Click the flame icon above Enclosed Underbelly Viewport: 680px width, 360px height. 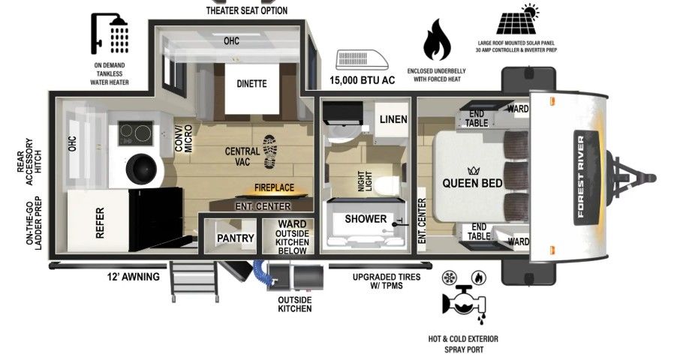[x=437, y=40]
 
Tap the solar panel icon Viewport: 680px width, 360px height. [x=518, y=20]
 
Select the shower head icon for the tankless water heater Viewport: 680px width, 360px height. [x=110, y=33]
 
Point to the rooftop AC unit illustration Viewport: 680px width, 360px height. [x=362, y=60]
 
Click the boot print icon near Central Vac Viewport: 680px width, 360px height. [x=269, y=151]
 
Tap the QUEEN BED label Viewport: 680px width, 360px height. [x=472, y=183]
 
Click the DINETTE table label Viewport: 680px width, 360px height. [x=251, y=83]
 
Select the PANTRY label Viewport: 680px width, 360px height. [x=236, y=238]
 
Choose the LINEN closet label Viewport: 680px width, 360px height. [x=393, y=119]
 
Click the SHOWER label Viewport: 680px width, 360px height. [x=366, y=219]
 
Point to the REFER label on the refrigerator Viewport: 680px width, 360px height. [x=100, y=223]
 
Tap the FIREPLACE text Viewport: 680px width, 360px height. [x=274, y=187]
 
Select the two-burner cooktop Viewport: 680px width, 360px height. [x=136, y=133]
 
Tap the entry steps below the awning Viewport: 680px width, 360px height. [x=194, y=280]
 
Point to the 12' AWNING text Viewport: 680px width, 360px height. [x=134, y=277]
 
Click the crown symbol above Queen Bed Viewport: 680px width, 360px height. [x=472, y=171]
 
